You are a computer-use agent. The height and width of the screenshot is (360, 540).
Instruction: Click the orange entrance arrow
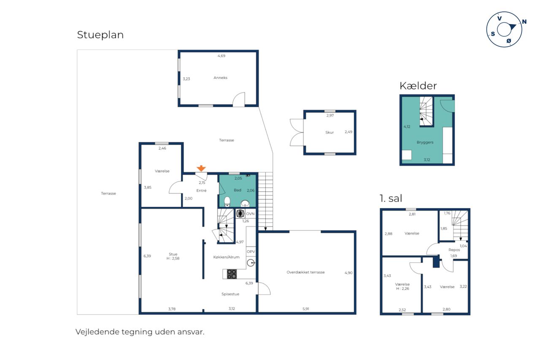coord(201,168)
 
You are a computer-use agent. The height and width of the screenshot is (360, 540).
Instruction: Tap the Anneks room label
coord(220,78)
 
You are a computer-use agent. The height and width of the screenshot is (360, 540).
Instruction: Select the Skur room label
coord(329,133)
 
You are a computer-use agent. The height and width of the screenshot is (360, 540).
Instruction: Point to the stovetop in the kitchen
coord(232,274)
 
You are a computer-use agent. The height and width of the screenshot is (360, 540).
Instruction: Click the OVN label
coord(250,214)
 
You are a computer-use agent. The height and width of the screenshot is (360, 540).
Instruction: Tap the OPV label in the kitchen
coord(251,252)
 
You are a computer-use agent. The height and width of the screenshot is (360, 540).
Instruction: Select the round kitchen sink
coord(251,263)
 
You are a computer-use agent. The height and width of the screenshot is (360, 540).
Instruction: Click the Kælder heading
coord(418,86)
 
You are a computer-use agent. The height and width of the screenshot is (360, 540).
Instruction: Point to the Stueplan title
coord(100,35)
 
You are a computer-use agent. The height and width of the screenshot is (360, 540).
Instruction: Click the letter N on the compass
coord(524,22)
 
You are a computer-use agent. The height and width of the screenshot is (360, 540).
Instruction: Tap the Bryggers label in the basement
coord(425,142)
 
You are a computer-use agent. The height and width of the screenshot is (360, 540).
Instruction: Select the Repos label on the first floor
coord(454,250)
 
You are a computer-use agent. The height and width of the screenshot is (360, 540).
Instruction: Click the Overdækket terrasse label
coord(305,272)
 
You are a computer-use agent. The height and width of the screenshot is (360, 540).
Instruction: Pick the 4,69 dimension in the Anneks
coord(221,56)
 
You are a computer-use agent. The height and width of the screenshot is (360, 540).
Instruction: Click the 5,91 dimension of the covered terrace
coord(306,309)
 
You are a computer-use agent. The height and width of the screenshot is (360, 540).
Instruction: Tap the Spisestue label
coord(230,294)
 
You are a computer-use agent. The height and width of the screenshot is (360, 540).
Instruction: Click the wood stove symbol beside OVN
coord(240,214)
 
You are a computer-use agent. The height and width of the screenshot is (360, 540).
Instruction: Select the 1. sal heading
coord(391,198)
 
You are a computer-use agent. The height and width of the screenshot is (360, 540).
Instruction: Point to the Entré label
coord(201,190)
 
